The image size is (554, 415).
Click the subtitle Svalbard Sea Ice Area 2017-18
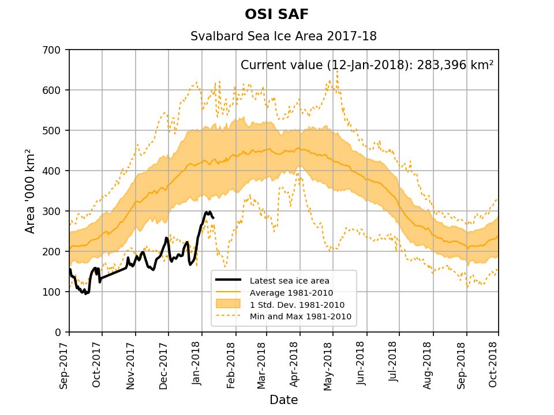(x=283, y=36)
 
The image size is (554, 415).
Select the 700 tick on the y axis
(x=56, y=50)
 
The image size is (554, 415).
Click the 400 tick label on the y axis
(x=56, y=171)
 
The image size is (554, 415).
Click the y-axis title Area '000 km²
(x=30, y=191)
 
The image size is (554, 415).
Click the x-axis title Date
(x=283, y=399)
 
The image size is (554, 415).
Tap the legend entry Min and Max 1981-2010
(x=300, y=316)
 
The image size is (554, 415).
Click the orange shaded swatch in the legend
(x=228, y=304)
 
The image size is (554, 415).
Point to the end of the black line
(x=214, y=217)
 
